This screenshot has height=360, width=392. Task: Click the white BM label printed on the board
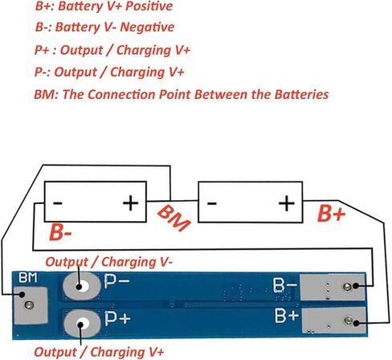(x=28, y=278)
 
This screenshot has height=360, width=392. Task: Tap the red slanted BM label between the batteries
(x=174, y=218)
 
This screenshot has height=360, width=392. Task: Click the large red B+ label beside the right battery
(x=331, y=214)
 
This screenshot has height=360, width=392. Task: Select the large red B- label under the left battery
(x=60, y=232)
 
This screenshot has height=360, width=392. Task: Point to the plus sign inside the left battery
(x=130, y=202)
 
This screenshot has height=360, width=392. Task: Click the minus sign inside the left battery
(x=58, y=202)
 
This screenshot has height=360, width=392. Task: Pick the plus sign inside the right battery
(x=287, y=203)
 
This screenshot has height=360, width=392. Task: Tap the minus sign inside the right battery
(x=211, y=203)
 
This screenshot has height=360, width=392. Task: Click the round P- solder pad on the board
(x=82, y=286)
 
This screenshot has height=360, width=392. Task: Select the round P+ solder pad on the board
(x=83, y=323)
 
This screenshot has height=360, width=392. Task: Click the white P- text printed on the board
(x=116, y=281)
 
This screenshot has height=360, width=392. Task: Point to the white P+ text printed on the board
(x=117, y=318)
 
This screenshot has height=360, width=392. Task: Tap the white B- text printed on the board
(x=285, y=285)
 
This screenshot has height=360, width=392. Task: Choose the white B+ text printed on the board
(x=287, y=315)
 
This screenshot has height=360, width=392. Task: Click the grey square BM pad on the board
(x=31, y=305)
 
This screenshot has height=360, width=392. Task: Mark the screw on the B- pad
(x=347, y=287)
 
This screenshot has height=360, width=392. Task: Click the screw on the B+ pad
(x=349, y=320)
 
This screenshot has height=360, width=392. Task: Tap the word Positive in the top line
(x=149, y=6)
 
